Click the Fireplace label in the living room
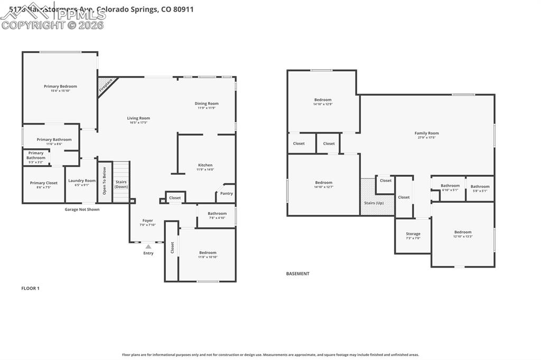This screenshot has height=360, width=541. click(106, 86)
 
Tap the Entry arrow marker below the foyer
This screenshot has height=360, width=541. click(148, 247)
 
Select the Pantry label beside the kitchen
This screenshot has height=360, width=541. click(226, 193)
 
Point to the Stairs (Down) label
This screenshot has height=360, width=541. click(121, 184)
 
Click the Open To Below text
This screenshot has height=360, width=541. click(104, 181)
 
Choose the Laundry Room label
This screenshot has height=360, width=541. click(82, 181)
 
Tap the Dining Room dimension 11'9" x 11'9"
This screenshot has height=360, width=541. click(207, 108)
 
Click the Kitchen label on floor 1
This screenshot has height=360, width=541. click(205, 165)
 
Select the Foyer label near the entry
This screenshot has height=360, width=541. click(148, 221)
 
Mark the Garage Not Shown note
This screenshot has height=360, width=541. click(82, 210)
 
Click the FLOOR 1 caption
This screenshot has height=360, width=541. click(30, 288)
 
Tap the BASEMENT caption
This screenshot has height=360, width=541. click(297, 273)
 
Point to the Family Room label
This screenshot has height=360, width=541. click(426, 133)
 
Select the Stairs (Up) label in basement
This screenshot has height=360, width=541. click(374, 203)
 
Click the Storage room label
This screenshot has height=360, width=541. click(413, 234)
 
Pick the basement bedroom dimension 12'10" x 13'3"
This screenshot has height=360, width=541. click(463, 236)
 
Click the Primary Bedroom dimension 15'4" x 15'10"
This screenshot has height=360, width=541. click(60, 91)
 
